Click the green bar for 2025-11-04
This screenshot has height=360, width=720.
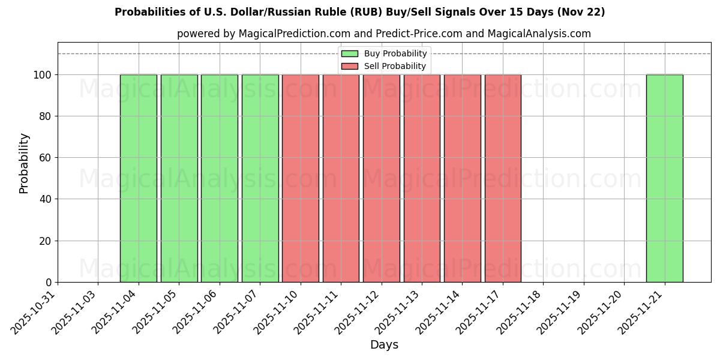coord(138,178)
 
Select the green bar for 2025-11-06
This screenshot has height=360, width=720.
coord(219,178)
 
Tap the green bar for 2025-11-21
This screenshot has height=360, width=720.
coord(664,178)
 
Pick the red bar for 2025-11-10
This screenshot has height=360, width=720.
coord(300,178)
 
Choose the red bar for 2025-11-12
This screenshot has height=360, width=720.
coord(381,178)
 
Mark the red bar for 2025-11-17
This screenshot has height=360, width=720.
coord(503,178)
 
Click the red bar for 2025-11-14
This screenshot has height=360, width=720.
coord(462,178)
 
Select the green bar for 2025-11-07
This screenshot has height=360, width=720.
coord(260,178)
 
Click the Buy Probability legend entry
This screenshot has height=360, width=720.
coord(384,53)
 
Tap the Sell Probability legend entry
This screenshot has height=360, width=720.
coord(384,66)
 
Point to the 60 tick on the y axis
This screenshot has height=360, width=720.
coord(44,158)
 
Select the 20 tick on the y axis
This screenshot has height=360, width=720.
coord(44,241)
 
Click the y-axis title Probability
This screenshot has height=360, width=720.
coord(24,163)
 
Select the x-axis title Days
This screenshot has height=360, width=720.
coord(384,345)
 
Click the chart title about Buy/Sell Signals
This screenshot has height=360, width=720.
coord(360,12)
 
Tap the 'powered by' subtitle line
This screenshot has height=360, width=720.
coord(384,34)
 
